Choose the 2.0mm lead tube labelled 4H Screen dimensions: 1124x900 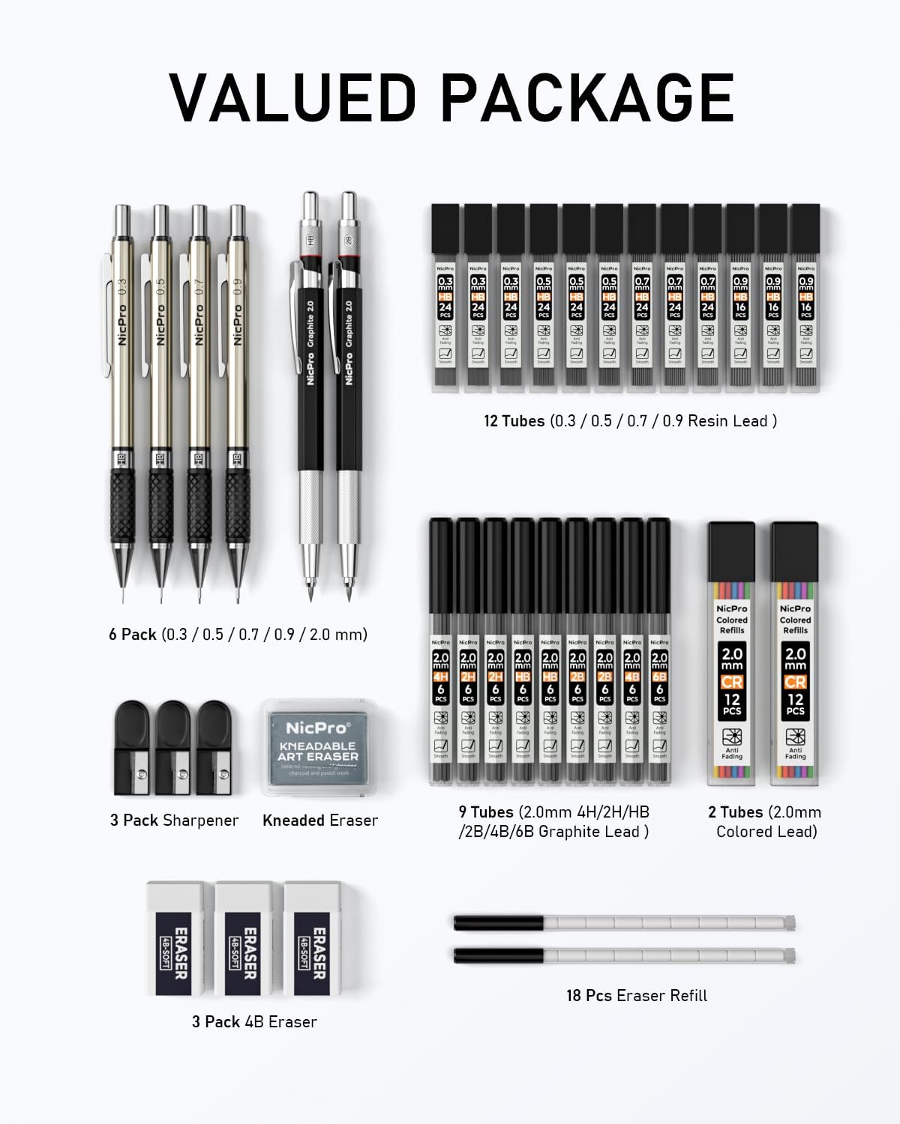pos(440,652)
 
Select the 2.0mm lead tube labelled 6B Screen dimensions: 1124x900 pos(659,652)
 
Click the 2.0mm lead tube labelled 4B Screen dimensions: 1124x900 pos(632,652)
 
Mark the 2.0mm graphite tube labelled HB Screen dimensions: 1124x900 pos(523,652)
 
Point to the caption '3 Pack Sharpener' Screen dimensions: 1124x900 pos(174,820)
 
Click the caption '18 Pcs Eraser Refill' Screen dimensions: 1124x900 pos(637,995)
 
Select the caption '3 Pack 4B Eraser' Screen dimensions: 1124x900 pos(254,1021)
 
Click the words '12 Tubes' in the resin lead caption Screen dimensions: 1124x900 pos(514,421)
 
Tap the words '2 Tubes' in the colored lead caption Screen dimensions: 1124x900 pos(735,812)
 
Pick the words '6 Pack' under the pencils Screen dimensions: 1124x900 pos(133,635)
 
